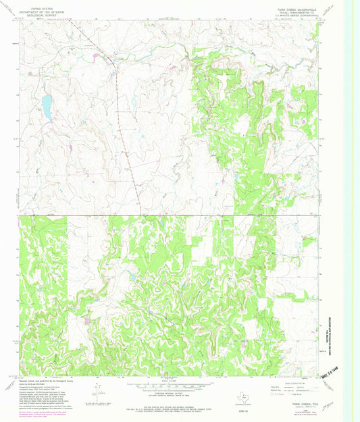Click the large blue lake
click(x=46, y=107)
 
